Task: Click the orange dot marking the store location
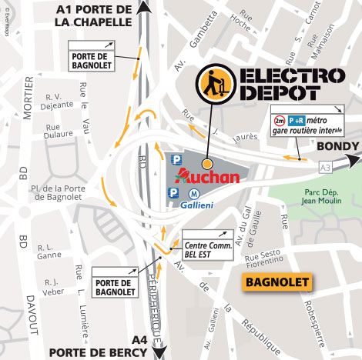coord(206,165)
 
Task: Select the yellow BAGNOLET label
coord(277,282)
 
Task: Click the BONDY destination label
coord(337,146)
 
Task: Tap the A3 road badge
coord(327,165)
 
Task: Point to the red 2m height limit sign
coord(280,121)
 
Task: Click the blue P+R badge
coord(297,121)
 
